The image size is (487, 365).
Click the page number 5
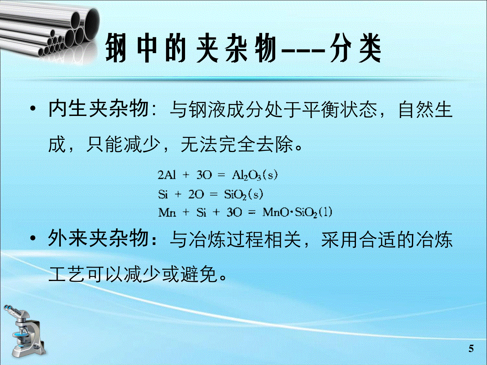[471, 349]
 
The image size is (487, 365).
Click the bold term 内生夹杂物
[98, 110]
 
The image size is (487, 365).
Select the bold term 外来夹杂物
[98, 240]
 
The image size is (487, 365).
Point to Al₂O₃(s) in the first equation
[255, 176]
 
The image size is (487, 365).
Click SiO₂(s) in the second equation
[243, 195]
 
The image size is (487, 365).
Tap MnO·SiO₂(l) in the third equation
[297, 213]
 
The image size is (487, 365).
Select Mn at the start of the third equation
[167, 213]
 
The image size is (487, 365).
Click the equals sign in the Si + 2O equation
[214, 195]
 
